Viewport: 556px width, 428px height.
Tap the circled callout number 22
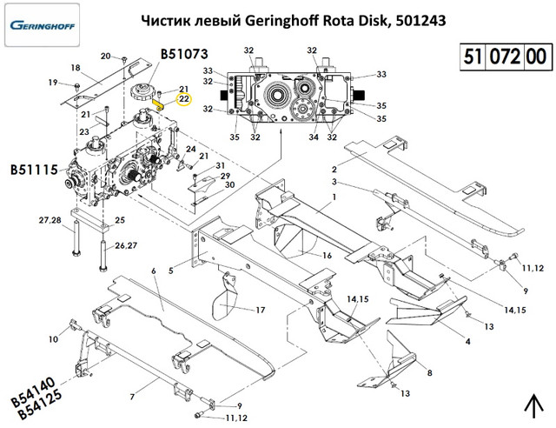tap(184, 99)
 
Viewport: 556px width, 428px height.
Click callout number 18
tap(76, 68)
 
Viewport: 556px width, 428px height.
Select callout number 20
tap(105, 56)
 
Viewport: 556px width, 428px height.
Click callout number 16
tap(328, 255)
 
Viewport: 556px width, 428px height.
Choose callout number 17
tap(260, 310)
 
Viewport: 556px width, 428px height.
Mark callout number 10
tap(53, 339)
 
